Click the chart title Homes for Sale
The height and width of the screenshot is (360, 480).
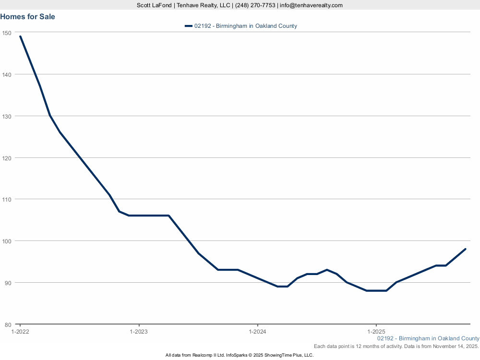point(28,17)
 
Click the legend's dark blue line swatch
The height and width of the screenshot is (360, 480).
point(188,26)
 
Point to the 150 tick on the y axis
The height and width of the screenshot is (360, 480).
point(7,33)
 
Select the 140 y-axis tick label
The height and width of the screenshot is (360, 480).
point(7,74)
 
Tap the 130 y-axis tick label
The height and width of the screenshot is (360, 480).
point(7,116)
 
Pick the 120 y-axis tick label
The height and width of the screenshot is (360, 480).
point(7,157)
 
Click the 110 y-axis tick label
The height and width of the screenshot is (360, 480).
point(7,199)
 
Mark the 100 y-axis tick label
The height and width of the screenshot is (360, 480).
point(7,241)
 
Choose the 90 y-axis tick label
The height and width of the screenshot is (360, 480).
point(8,282)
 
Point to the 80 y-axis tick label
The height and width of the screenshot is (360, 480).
point(8,324)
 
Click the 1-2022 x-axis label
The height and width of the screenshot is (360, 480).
point(20,332)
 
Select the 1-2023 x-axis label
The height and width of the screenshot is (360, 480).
point(139,332)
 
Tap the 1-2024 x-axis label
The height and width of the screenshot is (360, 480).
point(257,332)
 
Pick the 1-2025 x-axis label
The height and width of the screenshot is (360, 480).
point(376,332)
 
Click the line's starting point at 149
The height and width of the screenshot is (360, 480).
point(20,36)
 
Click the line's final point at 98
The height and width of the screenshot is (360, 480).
point(465,249)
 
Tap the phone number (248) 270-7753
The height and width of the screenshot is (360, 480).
point(255,5)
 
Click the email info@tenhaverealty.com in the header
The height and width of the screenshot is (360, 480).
point(311,5)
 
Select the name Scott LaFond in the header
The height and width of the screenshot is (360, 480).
point(154,5)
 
